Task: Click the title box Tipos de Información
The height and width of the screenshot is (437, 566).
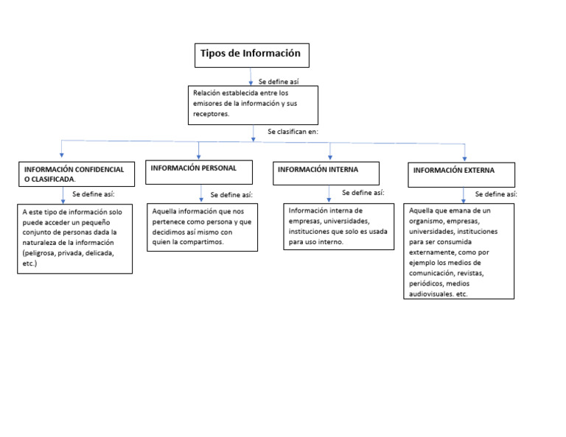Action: click(251, 54)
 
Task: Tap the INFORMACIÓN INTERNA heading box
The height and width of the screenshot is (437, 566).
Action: click(325, 173)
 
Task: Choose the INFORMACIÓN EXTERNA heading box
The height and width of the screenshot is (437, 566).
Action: click(461, 174)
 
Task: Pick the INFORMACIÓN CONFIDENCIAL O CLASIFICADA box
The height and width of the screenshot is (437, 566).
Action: click(76, 174)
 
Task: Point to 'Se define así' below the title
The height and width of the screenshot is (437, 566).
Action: click(278, 82)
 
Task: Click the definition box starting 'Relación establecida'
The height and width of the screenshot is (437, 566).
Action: click(254, 104)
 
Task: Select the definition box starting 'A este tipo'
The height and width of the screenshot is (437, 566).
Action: click(74, 239)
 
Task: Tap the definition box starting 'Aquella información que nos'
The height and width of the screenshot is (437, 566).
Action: click(202, 227)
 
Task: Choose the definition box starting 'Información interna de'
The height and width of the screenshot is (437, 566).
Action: click(338, 226)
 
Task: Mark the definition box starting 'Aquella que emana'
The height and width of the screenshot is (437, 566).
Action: click(460, 252)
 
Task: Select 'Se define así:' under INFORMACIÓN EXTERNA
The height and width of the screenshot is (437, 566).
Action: click(495, 194)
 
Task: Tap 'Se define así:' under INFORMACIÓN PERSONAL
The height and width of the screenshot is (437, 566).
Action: click(231, 195)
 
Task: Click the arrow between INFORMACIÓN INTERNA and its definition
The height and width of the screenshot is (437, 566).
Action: click(329, 194)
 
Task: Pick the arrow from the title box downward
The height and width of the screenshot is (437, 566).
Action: click(251, 77)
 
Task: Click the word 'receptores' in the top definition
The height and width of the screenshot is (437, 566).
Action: click(211, 114)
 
